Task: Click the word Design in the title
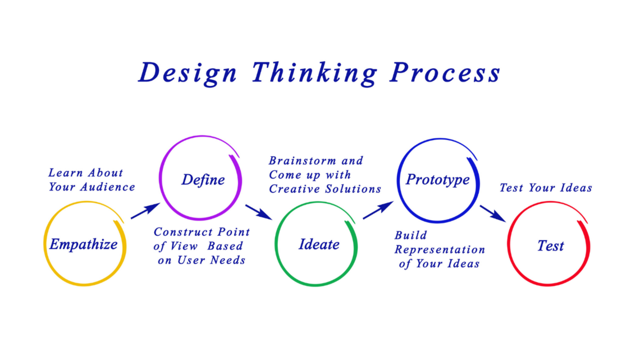(x=188, y=74)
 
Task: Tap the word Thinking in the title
(x=314, y=74)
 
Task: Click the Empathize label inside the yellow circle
(x=84, y=244)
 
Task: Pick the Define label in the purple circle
(x=203, y=180)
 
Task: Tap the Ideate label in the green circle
(x=319, y=244)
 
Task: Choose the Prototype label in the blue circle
(x=437, y=180)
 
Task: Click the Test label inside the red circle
(x=550, y=246)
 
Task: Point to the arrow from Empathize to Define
(x=145, y=211)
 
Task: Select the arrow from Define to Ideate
(x=259, y=212)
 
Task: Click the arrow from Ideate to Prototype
(x=378, y=210)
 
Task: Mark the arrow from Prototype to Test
(x=493, y=213)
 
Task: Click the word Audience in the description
(x=107, y=187)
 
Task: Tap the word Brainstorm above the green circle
(x=303, y=161)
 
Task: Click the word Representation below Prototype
(x=440, y=250)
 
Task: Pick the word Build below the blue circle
(x=410, y=235)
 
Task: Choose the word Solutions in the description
(x=353, y=189)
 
